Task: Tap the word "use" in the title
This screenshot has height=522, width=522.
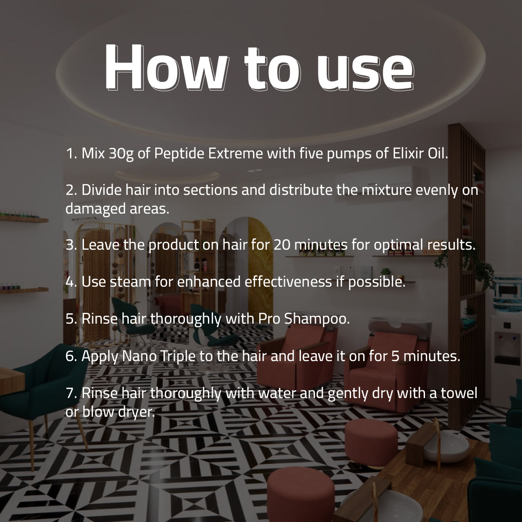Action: click(365, 71)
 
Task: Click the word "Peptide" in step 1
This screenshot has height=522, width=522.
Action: click(179, 154)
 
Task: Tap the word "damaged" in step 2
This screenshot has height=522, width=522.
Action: click(95, 209)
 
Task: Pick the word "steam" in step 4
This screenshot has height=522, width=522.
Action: click(130, 282)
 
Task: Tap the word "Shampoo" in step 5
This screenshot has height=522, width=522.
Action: click(317, 319)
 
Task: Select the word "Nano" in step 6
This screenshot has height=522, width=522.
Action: click(139, 356)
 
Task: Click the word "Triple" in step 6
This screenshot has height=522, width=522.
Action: click(178, 357)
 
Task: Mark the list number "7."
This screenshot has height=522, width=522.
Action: click(71, 393)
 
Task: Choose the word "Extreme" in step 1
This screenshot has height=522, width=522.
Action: click(235, 153)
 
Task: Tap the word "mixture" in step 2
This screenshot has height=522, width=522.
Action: click(387, 190)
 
